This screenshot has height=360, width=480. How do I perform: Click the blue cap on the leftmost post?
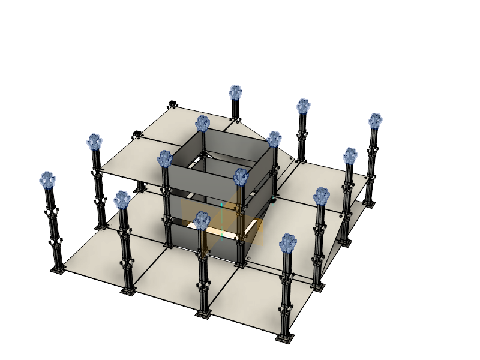pos(48,179)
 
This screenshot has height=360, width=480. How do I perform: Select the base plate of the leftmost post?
pos(58,269)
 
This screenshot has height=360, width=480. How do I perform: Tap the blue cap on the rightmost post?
pos(376,121)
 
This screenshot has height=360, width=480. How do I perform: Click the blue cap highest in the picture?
pos(235,92)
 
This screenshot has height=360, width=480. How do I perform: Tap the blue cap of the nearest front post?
pos(289,242)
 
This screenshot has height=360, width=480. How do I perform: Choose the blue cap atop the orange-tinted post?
pos(203,221)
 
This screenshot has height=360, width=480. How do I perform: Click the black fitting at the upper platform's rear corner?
pos(172,104)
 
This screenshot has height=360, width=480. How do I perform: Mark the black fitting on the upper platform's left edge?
pos(137,133)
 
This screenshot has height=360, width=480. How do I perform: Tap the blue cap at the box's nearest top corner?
pos(241,176)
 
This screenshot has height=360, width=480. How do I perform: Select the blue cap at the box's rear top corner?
pos(203,124)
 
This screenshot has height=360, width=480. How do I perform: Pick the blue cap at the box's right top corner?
pos(274,139)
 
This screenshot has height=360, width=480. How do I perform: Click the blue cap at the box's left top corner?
pos(165,159)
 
